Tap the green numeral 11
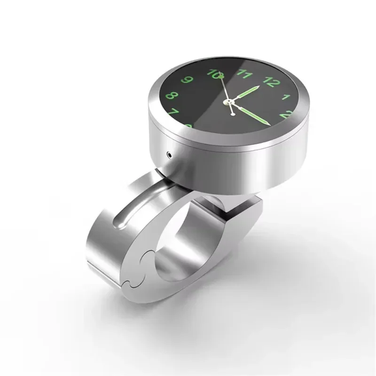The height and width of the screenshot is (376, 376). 244,73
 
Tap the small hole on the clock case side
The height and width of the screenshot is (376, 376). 169,154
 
